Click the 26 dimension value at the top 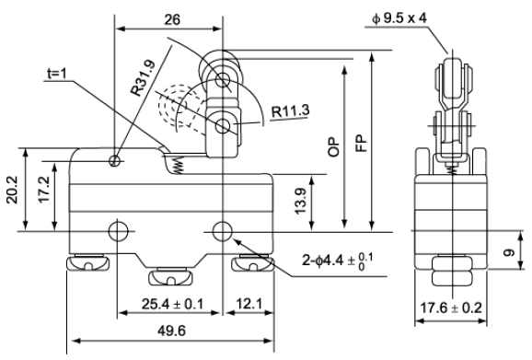[x=172, y=19]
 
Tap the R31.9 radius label [x=144, y=77]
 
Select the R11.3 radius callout [x=291, y=111]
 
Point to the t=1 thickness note [x=57, y=74]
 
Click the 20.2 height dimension [x=13, y=190]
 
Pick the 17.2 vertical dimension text [x=44, y=190]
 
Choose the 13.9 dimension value [x=301, y=202]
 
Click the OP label [x=334, y=147]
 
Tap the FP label [x=362, y=144]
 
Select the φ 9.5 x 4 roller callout [x=399, y=18]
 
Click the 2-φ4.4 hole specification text [x=337, y=261]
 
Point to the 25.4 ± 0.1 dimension [x=172, y=304]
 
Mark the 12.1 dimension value [x=249, y=304]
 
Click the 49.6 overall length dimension [x=172, y=331]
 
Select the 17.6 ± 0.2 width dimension [x=451, y=308]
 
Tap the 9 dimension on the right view [x=509, y=252]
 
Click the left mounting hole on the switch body [x=118, y=231]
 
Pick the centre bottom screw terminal [x=171, y=276]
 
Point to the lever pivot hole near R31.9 [x=115, y=160]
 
